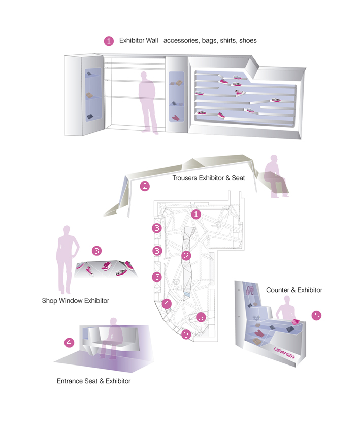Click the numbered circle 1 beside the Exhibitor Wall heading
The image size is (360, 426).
pyautogui.click(x=108, y=41)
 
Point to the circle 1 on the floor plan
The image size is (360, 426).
pyautogui.click(x=197, y=215)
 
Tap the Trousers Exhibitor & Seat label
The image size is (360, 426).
pyautogui.click(x=208, y=178)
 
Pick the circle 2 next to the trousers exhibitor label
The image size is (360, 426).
pyautogui.click(x=145, y=186)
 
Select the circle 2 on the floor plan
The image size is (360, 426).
pyautogui.click(x=186, y=255)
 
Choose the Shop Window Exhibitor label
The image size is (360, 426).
pyautogui.click(x=75, y=301)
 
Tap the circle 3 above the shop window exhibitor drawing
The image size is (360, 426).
pyautogui.click(x=97, y=251)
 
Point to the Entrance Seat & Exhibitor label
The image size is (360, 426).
pyautogui.click(x=93, y=381)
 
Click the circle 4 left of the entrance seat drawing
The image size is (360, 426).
pyautogui.click(x=70, y=343)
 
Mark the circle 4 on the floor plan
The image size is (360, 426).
pyautogui.click(x=168, y=304)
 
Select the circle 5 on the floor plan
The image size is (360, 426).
pyautogui.click(x=201, y=317)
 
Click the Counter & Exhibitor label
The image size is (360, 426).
pyautogui.click(x=294, y=290)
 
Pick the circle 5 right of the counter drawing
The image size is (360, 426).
pyautogui.click(x=317, y=316)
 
